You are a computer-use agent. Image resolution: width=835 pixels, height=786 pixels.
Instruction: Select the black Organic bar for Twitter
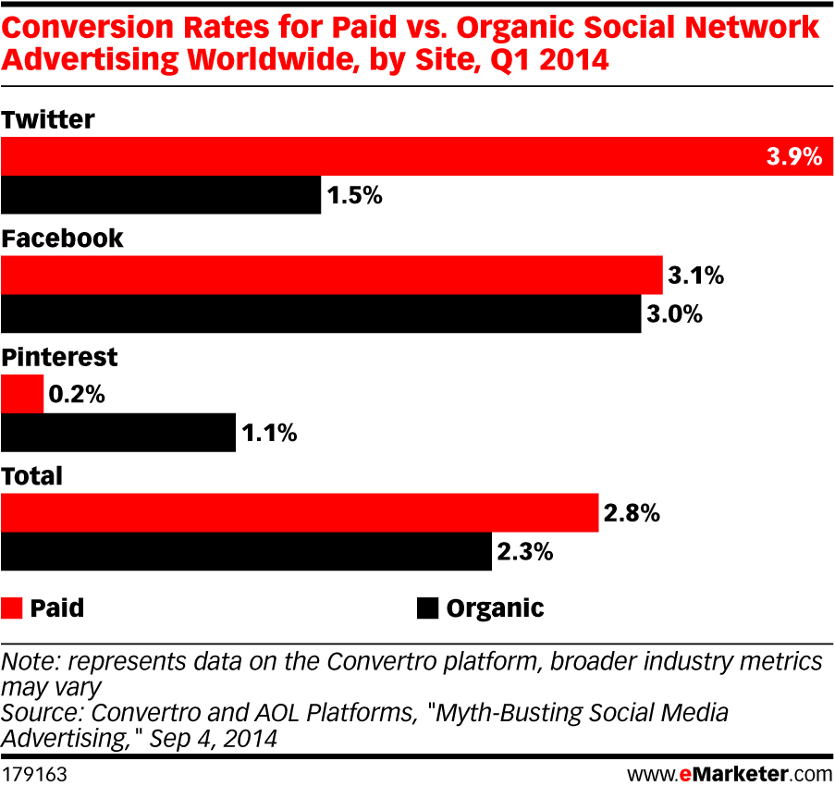click(x=161, y=195)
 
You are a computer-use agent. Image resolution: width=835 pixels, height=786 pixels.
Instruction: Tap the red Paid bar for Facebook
click(x=332, y=275)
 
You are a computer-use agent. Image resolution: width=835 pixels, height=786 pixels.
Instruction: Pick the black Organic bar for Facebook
click(x=321, y=314)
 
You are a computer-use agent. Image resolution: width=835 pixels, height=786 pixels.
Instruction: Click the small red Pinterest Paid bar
click(x=22, y=394)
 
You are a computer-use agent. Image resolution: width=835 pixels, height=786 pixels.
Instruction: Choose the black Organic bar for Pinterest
click(x=118, y=433)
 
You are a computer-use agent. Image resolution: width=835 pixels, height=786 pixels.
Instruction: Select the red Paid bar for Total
click(x=300, y=512)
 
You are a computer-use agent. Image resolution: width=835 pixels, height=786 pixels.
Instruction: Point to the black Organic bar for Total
click(x=246, y=551)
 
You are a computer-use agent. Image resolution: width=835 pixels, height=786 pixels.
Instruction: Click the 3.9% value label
click(x=793, y=157)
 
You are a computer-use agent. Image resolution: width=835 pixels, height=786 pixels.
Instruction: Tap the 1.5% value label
click(x=355, y=196)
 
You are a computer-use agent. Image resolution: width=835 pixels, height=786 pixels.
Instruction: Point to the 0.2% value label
click(x=78, y=394)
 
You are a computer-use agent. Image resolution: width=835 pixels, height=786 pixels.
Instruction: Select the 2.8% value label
click(x=632, y=512)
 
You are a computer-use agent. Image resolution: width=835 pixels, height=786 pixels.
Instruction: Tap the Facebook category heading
click(x=62, y=238)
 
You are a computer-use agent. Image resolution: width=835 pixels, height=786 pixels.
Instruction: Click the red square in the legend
click(x=11, y=608)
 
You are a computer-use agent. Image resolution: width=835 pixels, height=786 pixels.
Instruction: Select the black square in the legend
click(x=426, y=608)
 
